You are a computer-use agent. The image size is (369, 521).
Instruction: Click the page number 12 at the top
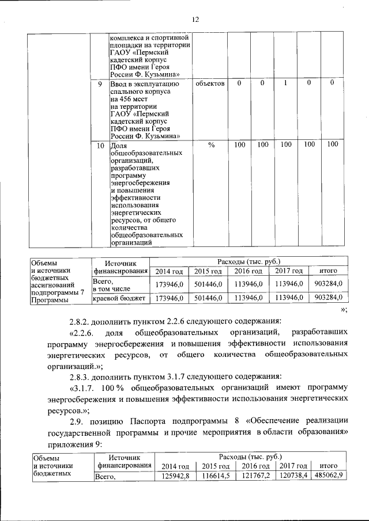pos(195,20)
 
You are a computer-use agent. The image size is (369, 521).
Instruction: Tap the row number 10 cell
pos(100,146)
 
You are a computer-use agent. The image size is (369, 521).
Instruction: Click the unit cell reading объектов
pos(210,84)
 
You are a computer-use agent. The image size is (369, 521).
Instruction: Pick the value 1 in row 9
pos(285,84)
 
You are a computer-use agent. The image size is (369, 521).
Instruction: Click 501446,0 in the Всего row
pos(208,284)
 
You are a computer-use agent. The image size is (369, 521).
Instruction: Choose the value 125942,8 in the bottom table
pos(175,476)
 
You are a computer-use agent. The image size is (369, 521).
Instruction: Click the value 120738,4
pos(294,476)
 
